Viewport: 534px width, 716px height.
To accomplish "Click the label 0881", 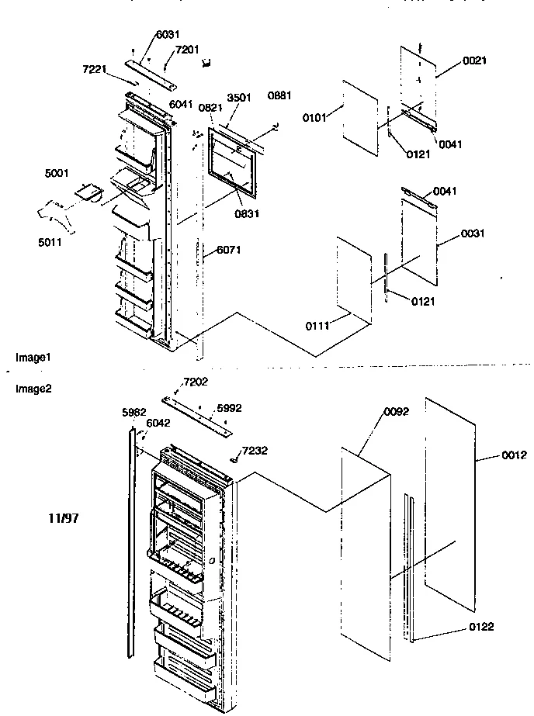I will [x=279, y=96].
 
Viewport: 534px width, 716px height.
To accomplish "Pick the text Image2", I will [x=33, y=389].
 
